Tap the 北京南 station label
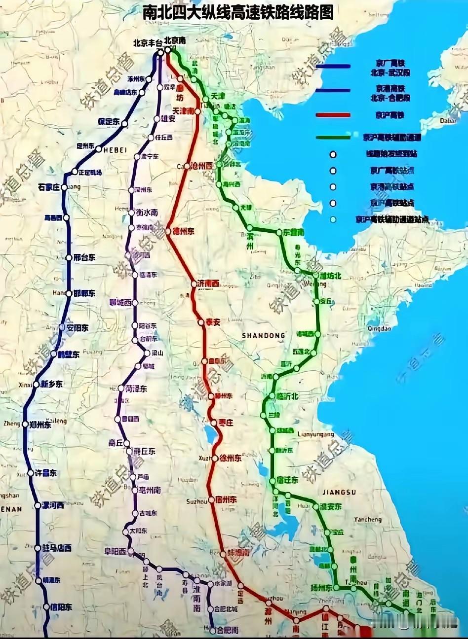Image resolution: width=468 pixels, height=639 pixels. point(176,40)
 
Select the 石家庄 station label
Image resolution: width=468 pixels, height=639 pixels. point(48,187)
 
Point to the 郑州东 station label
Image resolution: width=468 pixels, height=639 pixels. point(40,425)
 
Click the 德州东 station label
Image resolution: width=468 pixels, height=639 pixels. point(184,231)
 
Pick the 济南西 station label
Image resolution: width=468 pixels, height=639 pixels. point(208,284)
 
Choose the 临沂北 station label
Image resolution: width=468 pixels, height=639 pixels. point(287,396)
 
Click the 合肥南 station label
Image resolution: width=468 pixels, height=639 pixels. point(228,630)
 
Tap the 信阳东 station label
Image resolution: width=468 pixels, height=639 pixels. point(61,607)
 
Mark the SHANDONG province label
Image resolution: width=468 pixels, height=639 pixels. point(264,336)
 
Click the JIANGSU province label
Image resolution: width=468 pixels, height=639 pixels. point(339,492)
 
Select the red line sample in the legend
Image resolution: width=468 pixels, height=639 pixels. point(333,115)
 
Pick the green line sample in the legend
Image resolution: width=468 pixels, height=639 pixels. point(333,136)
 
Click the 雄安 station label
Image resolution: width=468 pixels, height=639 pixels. point(168,119)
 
